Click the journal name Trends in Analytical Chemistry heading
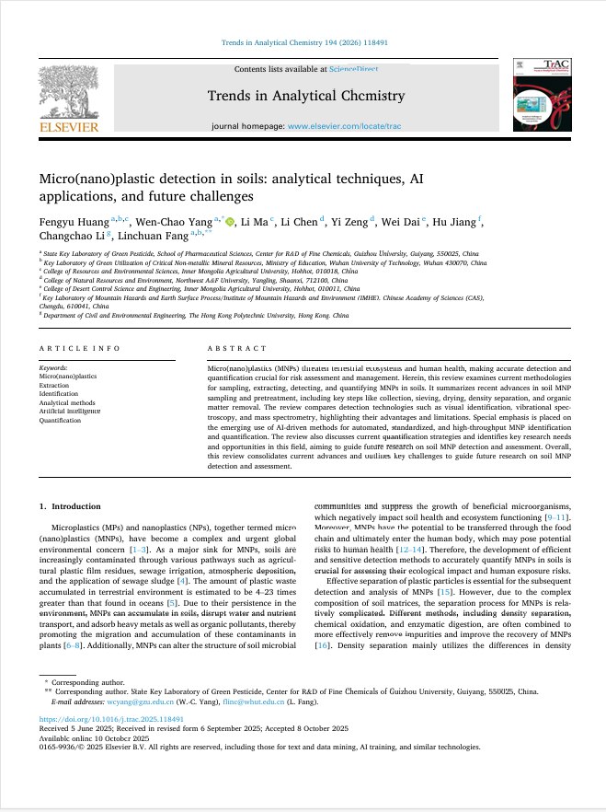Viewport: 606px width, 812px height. tap(305, 96)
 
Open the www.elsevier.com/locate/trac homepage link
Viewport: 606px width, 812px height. tap(344, 125)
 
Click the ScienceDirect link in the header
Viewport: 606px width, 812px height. tap(354, 69)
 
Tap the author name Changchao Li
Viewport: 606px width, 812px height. tap(72, 237)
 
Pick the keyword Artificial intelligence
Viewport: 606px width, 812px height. tap(70, 411)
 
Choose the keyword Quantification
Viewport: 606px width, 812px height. tap(60, 420)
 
